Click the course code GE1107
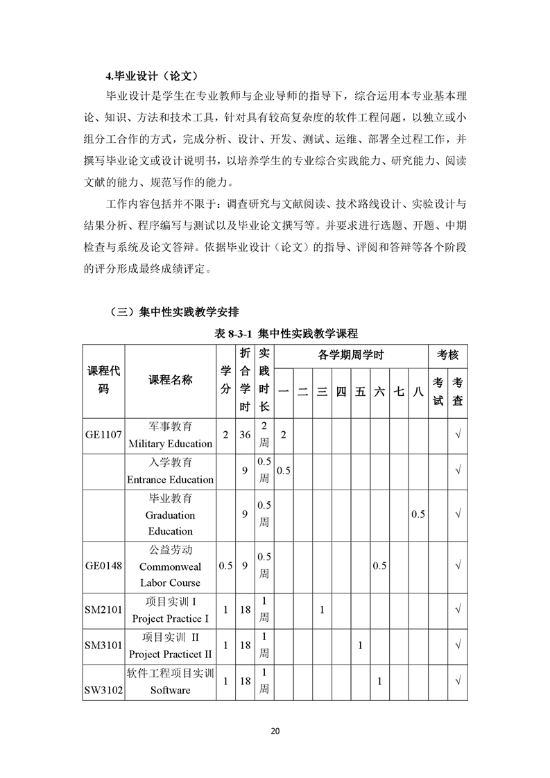coord(103,435)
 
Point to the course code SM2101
coord(103,610)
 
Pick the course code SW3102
coord(103,690)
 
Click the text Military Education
coord(170,444)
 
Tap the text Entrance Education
coord(170,480)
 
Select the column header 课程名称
coord(170,380)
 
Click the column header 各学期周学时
coord(351,356)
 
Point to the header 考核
coord(447,356)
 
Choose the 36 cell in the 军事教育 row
coord(245,435)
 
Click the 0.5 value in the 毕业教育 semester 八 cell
coord(418,515)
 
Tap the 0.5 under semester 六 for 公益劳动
coord(379,567)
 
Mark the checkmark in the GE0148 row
coord(458,567)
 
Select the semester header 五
coord(360,392)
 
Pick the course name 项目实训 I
coord(170,602)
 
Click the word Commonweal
coord(170,567)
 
